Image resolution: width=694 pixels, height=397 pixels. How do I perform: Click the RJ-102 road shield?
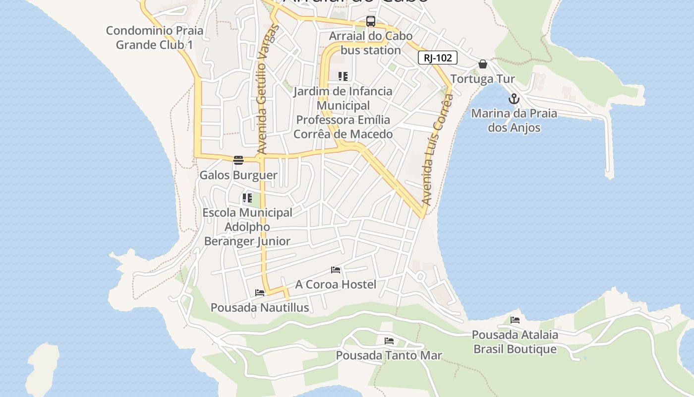click(437, 58)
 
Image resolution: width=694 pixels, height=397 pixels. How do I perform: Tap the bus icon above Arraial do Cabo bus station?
click(371, 21)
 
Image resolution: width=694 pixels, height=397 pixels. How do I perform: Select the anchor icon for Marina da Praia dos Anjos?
click(514, 99)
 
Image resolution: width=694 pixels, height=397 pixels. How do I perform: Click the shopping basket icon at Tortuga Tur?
click(483, 64)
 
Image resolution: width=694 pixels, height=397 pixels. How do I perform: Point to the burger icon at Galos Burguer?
click(238, 160)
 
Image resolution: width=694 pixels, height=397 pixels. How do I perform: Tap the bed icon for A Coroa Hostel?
click(336, 270)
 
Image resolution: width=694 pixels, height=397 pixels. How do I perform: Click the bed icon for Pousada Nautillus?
click(260, 293)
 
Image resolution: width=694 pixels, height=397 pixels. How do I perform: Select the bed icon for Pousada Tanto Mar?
click(389, 341)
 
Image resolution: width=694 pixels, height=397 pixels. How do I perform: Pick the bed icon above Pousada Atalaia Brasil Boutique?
click(515, 320)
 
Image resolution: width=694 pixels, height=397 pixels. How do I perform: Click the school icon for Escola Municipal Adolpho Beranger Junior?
click(247, 198)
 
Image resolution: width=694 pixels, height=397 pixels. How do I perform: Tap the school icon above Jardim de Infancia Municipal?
click(343, 76)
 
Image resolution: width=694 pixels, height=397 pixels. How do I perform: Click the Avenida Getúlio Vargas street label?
click(268, 89)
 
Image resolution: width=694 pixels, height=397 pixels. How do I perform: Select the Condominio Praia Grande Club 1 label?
click(155, 38)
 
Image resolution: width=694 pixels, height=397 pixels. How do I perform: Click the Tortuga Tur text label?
click(482, 79)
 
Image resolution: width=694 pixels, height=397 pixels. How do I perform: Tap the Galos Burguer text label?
click(238, 175)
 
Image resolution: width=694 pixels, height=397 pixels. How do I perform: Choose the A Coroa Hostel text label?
click(336, 284)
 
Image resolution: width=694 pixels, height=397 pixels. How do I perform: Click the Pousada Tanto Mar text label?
click(389, 355)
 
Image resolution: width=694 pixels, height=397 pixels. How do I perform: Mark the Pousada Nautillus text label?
click(260, 308)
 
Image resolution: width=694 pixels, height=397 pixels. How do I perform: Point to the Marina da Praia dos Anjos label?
click(514, 121)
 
